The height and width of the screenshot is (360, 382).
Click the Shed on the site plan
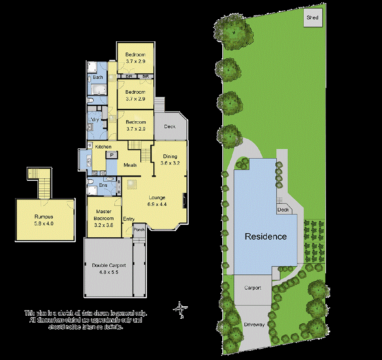[312, 18]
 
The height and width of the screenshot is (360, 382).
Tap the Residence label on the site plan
[266, 236]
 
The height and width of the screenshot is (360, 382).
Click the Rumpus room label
[43, 217]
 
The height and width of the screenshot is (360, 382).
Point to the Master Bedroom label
[104, 215]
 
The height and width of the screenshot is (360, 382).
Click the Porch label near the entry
[139, 229]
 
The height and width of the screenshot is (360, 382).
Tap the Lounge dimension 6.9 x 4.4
[157, 204]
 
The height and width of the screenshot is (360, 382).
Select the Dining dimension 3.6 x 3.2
[170, 163]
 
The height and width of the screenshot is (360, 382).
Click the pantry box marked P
[112, 155]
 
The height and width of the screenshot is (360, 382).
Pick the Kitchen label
[103, 147]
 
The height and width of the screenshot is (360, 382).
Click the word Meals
[130, 165]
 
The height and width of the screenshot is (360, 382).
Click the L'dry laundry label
[94, 120]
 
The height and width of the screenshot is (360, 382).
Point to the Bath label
[98, 78]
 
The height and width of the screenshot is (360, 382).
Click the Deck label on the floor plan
[170, 126]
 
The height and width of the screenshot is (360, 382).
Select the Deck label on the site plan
[283, 210]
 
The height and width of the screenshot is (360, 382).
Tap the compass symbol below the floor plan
[180, 309]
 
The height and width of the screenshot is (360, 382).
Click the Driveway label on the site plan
[254, 324]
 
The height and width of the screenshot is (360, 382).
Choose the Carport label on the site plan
[252, 288]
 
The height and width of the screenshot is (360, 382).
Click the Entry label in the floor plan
[129, 219]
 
